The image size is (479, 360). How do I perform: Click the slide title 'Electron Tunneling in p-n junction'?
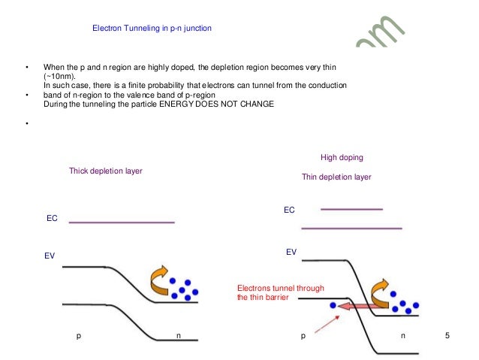[152, 29]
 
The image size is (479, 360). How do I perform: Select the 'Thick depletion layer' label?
[106, 171]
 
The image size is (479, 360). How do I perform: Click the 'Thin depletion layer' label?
[336, 177]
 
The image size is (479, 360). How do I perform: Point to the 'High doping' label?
[342, 158]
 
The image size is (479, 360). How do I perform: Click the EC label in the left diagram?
[53, 218]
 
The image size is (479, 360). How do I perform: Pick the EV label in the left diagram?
[50, 256]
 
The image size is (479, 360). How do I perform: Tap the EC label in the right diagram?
[289, 211]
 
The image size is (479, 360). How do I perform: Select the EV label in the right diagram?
[291, 252]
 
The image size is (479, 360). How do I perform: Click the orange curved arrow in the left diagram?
[159, 280]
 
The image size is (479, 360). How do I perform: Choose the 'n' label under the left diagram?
[178, 335]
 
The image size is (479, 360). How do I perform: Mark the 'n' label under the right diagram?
[403, 335]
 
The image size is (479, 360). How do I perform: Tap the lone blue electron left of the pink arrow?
[333, 306]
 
